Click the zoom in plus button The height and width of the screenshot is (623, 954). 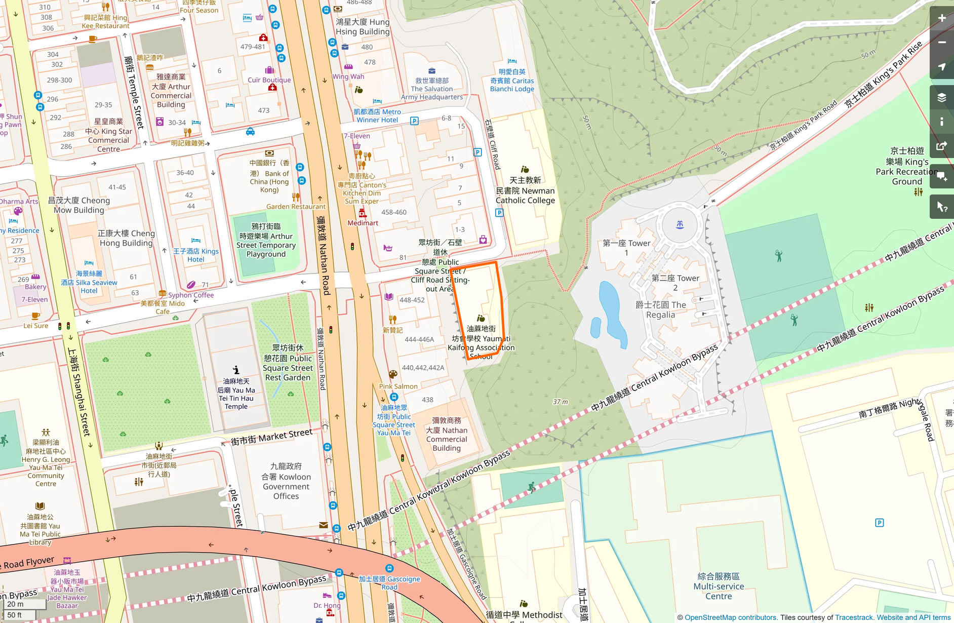tap(941, 18)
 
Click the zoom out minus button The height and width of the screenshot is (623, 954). tap(941, 43)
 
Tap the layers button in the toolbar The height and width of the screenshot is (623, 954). tap(941, 97)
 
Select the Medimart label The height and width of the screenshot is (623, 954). tap(363, 223)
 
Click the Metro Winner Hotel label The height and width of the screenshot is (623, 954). tap(377, 116)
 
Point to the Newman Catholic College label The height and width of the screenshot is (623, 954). tap(525, 190)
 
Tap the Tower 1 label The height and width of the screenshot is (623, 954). tap(626, 248)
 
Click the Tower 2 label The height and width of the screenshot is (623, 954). tap(675, 283)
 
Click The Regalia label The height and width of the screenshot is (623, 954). tap(661, 309)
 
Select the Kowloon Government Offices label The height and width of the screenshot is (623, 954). tap(286, 481)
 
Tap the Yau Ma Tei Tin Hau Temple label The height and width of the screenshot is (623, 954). tap(236, 394)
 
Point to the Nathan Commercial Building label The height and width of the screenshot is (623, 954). tap(447, 434)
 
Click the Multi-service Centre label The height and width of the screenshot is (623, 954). tap(719, 586)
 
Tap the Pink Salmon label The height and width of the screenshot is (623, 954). tap(399, 386)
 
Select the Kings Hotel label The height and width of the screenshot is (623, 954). tap(196, 255)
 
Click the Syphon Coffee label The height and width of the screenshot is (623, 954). tap(191, 295)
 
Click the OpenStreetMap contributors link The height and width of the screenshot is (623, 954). tap(730, 617)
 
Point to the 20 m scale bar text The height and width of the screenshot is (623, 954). tap(15, 604)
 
